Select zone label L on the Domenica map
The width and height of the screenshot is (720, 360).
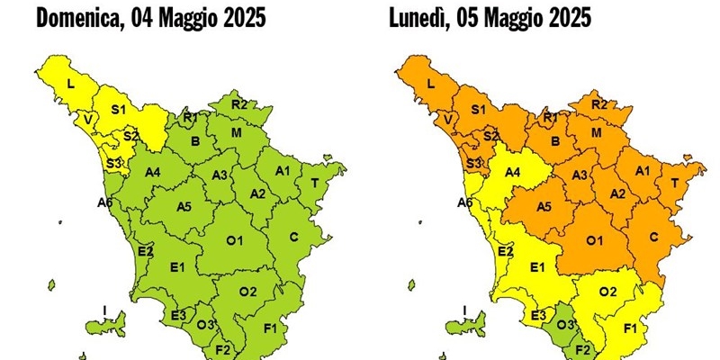70,84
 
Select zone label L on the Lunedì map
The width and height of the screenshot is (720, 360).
430,84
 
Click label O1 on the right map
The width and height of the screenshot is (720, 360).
595,240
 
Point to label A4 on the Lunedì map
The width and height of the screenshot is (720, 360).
513,172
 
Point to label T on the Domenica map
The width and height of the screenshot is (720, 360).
314,183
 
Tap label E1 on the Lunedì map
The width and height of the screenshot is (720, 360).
537,266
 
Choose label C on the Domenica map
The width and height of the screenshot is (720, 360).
293,237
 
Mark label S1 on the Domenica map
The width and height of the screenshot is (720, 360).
117,110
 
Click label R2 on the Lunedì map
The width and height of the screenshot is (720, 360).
600,104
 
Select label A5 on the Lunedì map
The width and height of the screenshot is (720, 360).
544,207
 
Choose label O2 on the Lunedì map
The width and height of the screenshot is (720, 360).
608,291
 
